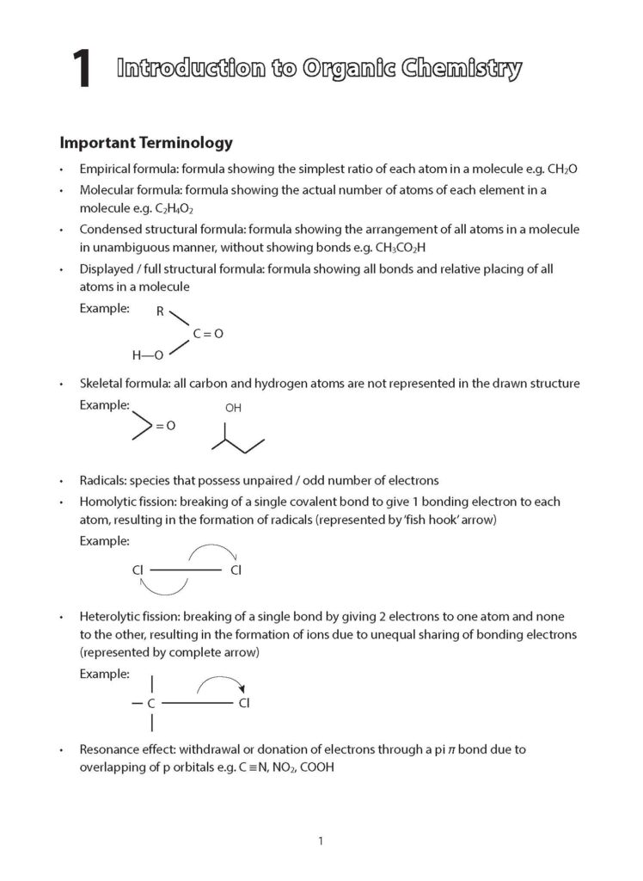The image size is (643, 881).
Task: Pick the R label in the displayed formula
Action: tap(160, 312)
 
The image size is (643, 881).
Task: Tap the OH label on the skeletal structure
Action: tap(233, 408)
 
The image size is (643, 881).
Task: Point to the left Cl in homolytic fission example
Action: tap(138, 570)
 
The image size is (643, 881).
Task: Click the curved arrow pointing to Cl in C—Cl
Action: tap(222, 685)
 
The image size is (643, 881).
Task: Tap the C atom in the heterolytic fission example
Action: tap(151, 703)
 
